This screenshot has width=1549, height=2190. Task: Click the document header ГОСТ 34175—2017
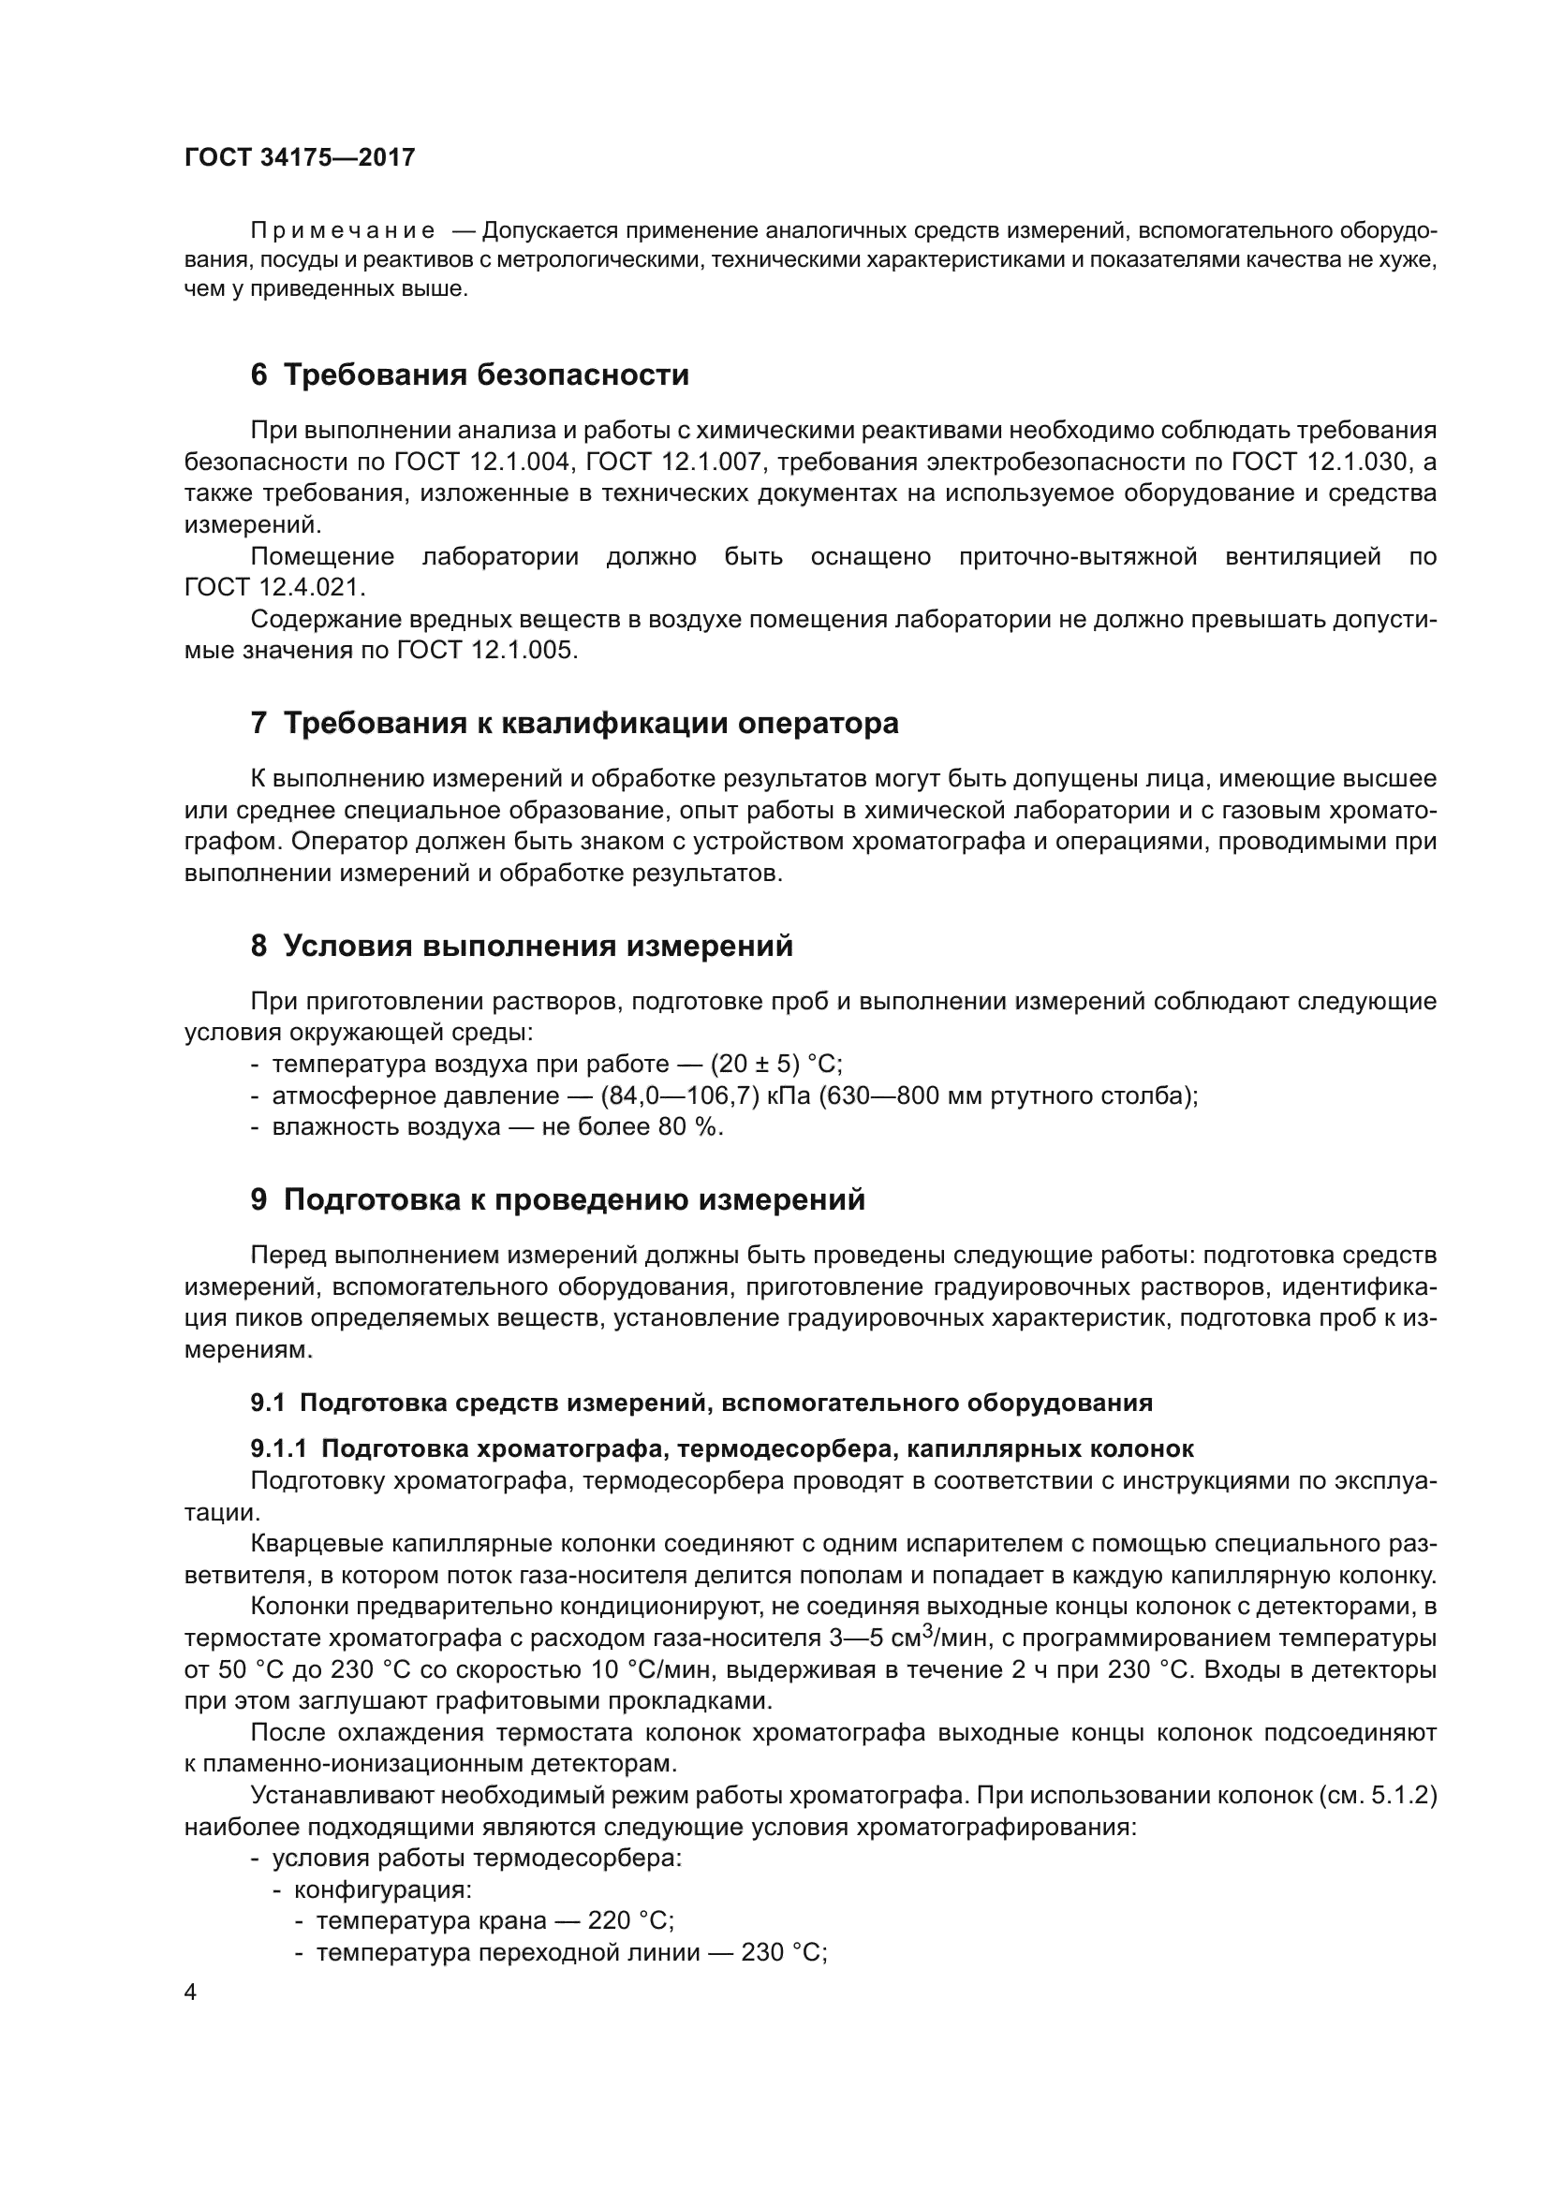[x=300, y=157]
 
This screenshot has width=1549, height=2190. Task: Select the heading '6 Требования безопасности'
[x=469, y=375]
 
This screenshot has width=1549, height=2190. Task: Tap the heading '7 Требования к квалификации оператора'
[x=574, y=723]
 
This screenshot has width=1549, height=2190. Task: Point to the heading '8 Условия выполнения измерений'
[x=522, y=947]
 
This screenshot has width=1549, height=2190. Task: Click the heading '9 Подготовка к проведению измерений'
[x=558, y=1199]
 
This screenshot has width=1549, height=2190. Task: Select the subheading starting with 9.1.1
[x=722, y=1448]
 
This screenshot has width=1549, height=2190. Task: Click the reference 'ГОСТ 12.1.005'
[x=486, y=651]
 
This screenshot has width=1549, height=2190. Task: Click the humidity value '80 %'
[x=689, y=1127]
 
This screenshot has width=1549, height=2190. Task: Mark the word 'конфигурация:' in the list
[x=382, y=1889]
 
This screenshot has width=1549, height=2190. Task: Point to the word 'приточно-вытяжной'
[x=1078, y=557]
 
